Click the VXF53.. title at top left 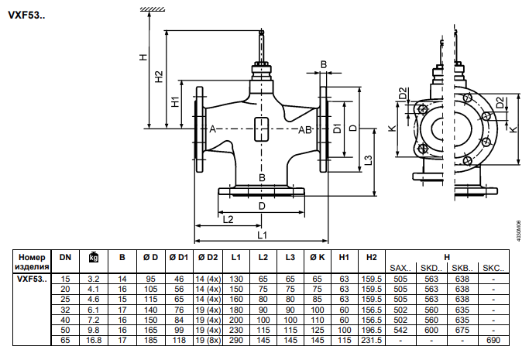pos(26,15)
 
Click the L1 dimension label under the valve pos(262,235)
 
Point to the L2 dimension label pos(228,219)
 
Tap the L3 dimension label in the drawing pos(369,160)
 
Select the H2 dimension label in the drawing pos(159,77)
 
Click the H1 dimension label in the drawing pos(176,101)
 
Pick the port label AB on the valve pos(305,130)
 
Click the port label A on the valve pos(212,129)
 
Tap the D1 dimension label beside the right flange pos(337,129)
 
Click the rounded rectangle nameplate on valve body pos(261,129)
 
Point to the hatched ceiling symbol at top pos(153,9)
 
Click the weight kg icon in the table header pos(94,257)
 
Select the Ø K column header pos(317,258)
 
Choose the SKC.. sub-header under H pos(493,269)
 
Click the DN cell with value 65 pos(65,340)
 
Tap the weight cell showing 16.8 pos(94,340)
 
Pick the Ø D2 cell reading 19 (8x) pos(208,340)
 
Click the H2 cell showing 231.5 pos(372,340)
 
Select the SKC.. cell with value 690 pos(493,340)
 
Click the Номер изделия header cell pos(32,262)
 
